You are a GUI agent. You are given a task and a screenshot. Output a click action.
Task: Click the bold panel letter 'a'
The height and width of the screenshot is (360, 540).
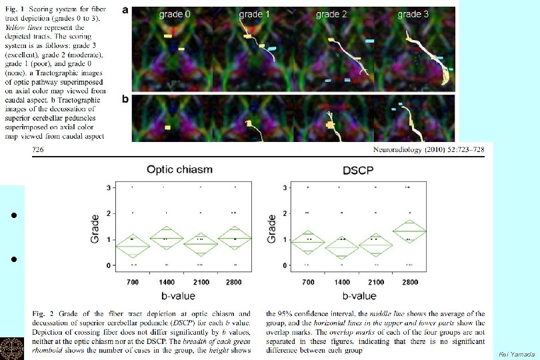coord(126,11)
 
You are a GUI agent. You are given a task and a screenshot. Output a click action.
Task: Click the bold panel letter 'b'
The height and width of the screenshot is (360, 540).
coord(126,99)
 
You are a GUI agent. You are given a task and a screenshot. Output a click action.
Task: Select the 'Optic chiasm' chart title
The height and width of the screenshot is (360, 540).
coord(171,169)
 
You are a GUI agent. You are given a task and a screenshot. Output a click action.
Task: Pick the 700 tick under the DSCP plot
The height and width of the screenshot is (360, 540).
coord(308,282)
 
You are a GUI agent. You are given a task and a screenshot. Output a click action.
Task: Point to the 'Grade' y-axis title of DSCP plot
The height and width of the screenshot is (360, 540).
coord(271,227)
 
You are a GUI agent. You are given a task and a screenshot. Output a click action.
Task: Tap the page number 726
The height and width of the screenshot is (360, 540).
coord(39,151)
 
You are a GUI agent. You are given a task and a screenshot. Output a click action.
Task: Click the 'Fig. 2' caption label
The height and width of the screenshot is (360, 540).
coord(44,313)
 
